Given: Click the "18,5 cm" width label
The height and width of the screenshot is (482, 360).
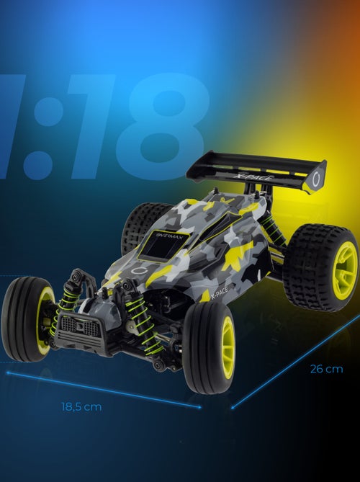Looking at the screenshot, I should [x=81, y=406].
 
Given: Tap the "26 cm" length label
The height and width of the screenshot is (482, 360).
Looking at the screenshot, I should [x=326, y=370].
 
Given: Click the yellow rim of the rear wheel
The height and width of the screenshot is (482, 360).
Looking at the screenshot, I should [x=344, y=269].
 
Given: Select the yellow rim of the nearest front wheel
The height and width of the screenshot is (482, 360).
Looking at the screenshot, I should [x=228, y=347].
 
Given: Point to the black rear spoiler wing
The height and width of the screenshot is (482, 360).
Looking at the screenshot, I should [x=252, y=168].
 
